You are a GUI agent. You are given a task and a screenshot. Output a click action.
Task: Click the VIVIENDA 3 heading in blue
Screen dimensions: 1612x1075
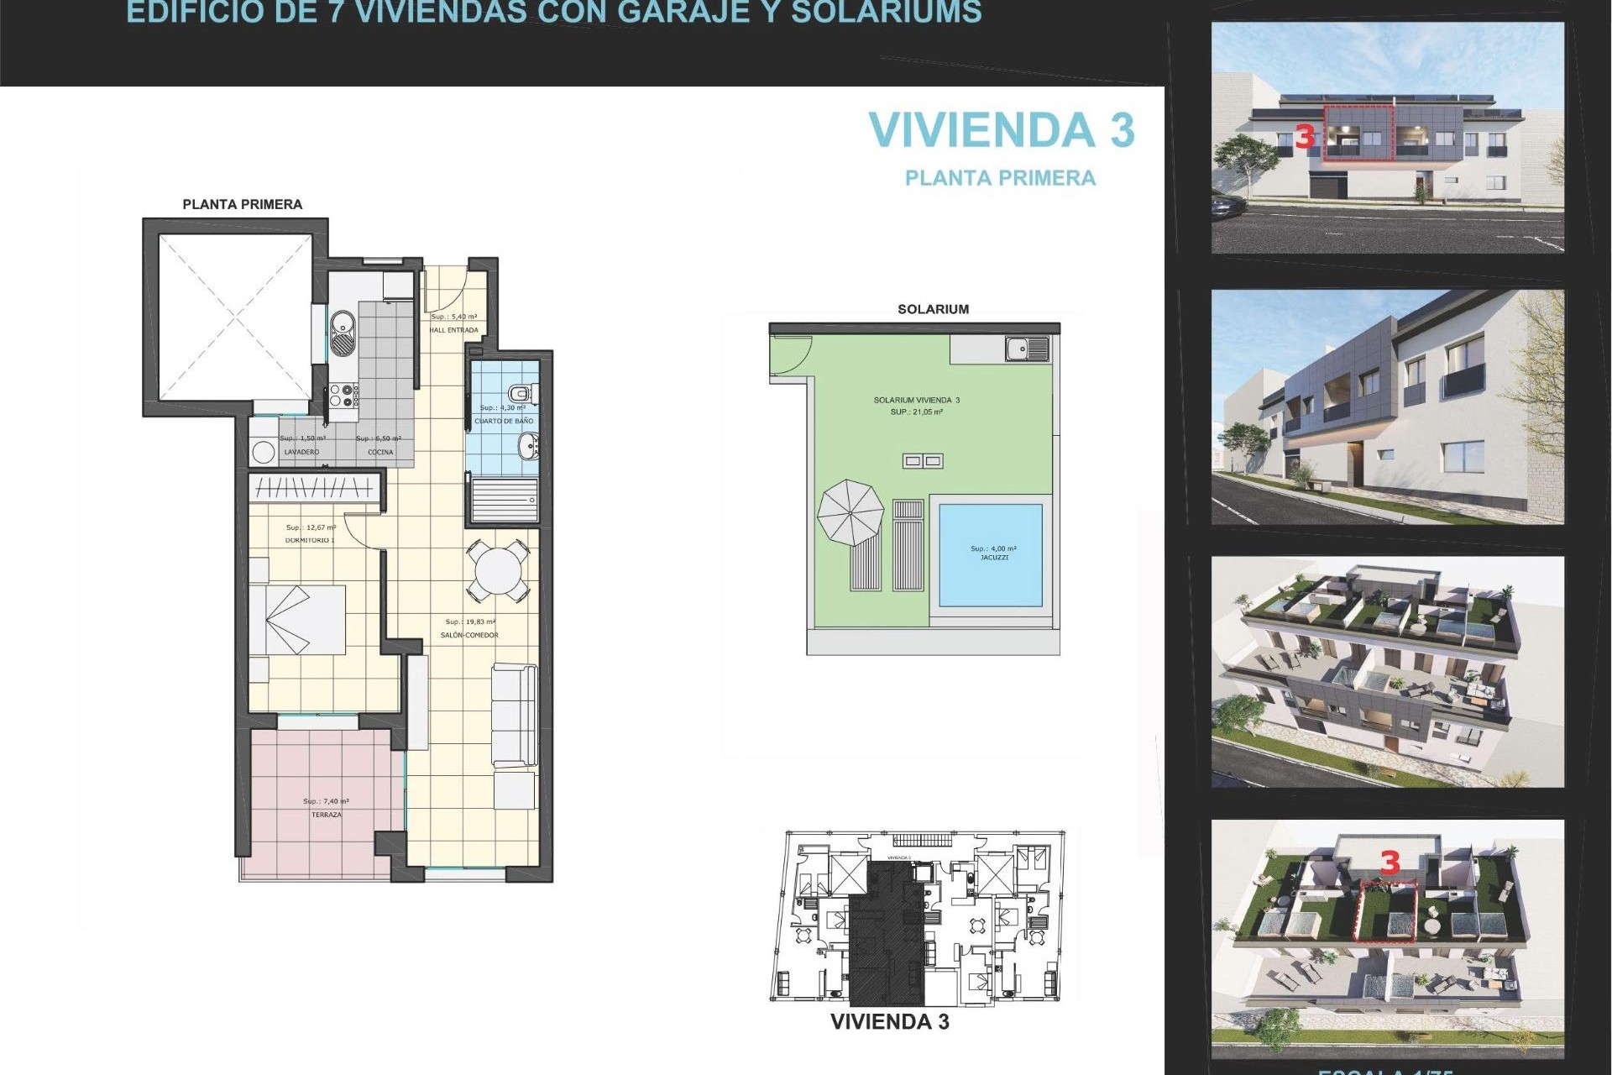click(x=1001, y=130)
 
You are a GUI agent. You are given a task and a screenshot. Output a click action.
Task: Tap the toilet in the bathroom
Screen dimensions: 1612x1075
click(x=521, y=393)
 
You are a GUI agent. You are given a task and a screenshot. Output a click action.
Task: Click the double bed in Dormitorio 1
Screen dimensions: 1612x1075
click(x=298, y=620)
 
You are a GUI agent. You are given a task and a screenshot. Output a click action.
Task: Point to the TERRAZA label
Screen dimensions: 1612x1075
click(x=327, y=815)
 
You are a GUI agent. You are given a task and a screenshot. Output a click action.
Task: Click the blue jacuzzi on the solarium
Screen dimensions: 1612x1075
click(x=991, y=554)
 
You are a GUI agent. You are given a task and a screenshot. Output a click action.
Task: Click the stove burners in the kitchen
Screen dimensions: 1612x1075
click(x=343, y=396)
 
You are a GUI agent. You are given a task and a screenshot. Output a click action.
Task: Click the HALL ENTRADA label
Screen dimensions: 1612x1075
click(x=453, y=330)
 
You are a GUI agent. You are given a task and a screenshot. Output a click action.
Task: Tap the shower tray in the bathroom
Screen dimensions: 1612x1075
click(x=504, y=500)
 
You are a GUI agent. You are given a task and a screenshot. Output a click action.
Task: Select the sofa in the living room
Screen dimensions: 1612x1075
click(x=514, y=714)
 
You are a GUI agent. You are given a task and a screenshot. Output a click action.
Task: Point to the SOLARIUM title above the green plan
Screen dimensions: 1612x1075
click(x=933, y=309)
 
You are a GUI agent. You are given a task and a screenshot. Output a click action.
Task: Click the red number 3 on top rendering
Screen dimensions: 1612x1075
click(x=1304, y=137)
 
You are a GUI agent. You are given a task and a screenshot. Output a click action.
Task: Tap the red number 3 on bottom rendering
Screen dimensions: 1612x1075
click(x=1390, y=863)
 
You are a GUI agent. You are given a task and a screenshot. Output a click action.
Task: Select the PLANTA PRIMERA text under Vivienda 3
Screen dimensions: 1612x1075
click(x=1000, y=178)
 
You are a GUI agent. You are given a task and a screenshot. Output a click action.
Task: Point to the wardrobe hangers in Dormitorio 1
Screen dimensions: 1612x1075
click(x=314, y=487)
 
